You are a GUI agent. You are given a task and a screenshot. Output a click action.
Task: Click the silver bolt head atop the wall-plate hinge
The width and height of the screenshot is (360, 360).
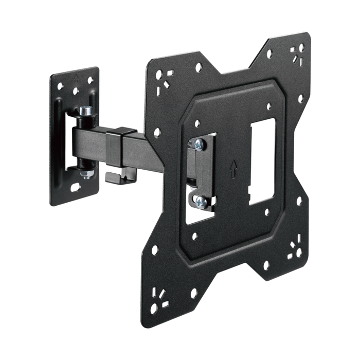[87, 110]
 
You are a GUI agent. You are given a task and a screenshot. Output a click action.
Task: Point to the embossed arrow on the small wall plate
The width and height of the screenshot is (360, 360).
[76, 79]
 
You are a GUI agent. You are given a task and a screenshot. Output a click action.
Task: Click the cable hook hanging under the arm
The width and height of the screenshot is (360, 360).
[117, 175]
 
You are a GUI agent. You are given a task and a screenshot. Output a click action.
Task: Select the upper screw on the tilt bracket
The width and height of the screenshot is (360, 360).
[199, 145]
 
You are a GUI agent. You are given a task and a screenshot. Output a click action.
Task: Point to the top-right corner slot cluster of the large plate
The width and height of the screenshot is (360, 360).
[297, 52]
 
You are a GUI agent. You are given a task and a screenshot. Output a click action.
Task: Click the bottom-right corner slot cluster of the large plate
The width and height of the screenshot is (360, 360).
[295, 249]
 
